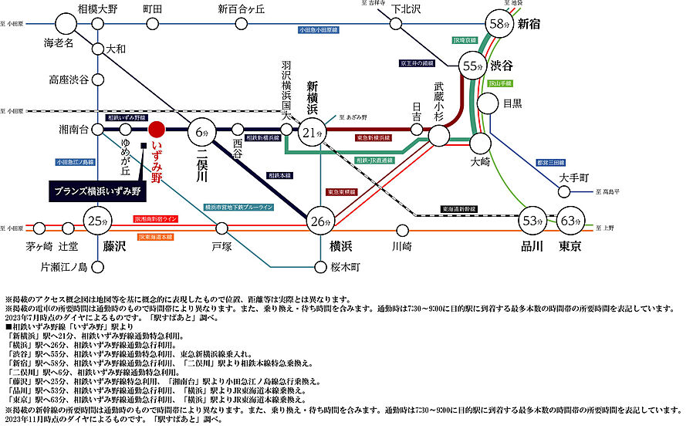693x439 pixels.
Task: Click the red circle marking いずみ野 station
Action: pos(157,130)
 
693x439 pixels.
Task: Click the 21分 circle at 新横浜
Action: pos(312,133)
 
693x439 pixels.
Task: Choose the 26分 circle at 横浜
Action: pos(319,221)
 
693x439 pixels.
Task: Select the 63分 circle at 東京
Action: pos(572,221)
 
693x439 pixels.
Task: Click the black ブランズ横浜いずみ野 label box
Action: pos(100,191)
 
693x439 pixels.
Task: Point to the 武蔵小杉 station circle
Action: pos(439,136)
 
